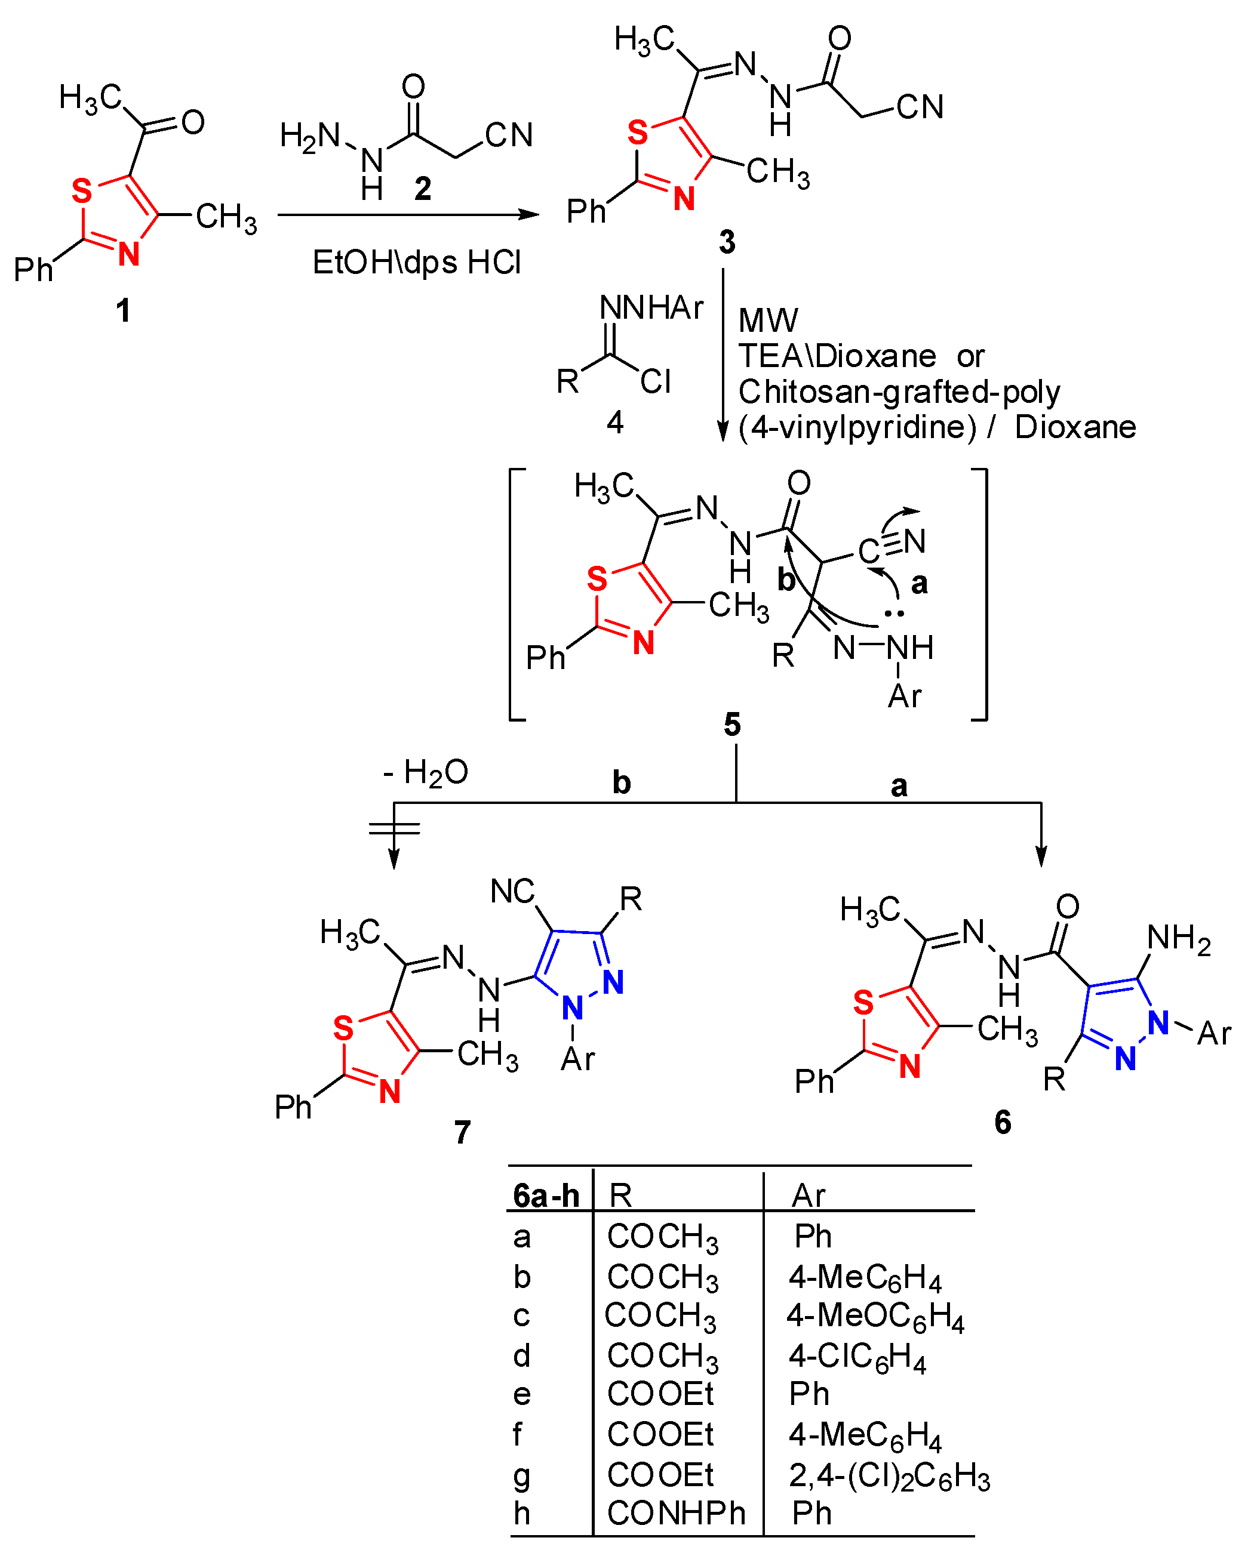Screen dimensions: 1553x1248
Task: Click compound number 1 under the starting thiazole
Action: click(x=123, y=310)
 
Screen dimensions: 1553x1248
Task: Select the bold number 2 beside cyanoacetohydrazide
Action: click(x=423, y=188)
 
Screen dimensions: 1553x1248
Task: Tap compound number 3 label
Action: click(x=727, y=242)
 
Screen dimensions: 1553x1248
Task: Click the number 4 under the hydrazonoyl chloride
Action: click(x=614, y=422)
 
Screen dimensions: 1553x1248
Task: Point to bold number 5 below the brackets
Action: click(x=732, y=725)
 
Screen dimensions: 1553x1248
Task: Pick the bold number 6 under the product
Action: click(x=1003, y=1122)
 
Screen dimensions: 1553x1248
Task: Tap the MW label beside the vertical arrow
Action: click(x=768, y=321)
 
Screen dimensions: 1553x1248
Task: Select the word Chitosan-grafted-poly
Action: click(x=899, y=392)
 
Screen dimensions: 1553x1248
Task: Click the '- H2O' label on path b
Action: click(x=426, y=773)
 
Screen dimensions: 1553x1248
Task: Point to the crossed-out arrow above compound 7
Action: click(x=394, y=828)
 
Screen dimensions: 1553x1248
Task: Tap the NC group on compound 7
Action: click(x=512, y=892)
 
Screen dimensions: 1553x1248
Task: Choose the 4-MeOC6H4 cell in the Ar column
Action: click(x=875, y=1316)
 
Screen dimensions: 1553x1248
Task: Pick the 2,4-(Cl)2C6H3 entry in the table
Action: click(x=889, y=1475)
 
